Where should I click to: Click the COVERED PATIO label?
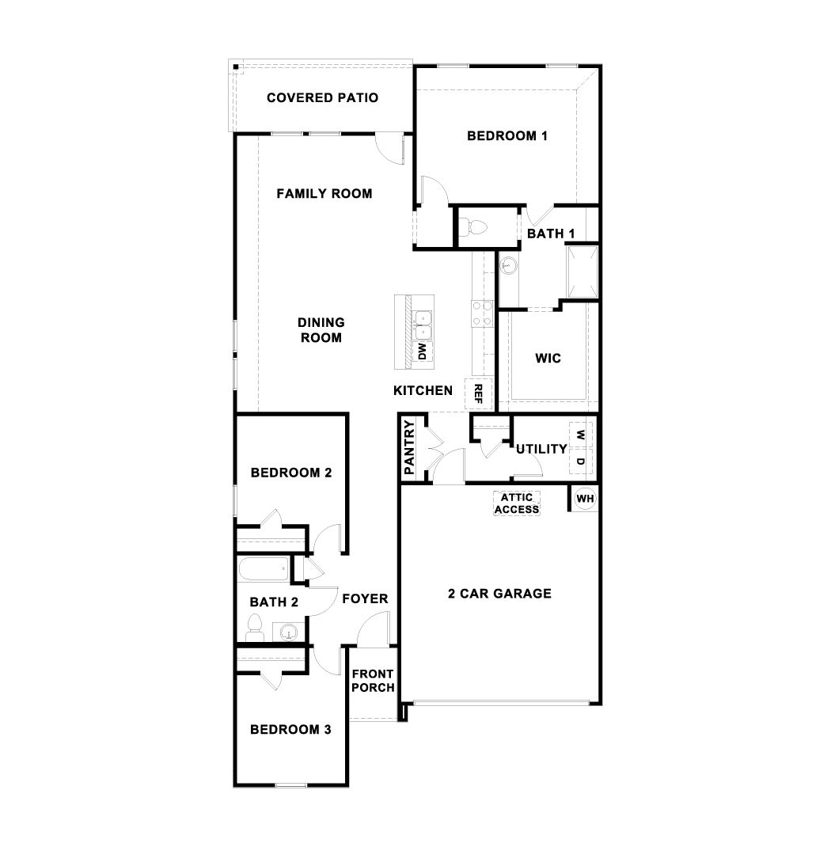click(322, 98)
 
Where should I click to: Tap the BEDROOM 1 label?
click(507, 135)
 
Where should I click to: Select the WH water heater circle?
click(585, 499)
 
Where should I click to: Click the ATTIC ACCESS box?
click(517, 503)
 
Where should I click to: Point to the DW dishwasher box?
click(423, 351)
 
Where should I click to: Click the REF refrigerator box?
click(478, 393)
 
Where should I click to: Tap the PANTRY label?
click(409, 447)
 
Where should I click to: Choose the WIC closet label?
click(548, 359)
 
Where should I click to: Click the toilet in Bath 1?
click(476, 227)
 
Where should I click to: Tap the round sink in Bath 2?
click(289, 632)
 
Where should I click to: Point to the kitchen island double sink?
click(423, 325)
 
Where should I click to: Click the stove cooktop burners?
click(480, 314)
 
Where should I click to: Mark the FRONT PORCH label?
click(373, 681)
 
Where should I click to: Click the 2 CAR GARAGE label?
click(499, 594)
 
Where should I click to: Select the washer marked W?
click(580, 435)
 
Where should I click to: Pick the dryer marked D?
click(580, 461)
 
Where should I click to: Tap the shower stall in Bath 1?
click(582, 270)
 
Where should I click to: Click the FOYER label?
click(365, 598)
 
